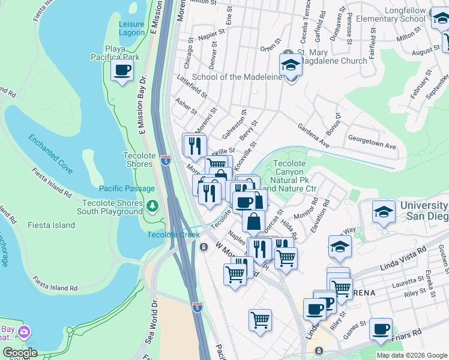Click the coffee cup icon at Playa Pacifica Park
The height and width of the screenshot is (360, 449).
tap(122, 70)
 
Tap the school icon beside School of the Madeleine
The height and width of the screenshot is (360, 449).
tap(291, 65)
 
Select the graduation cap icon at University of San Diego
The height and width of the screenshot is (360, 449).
tap(384, 212)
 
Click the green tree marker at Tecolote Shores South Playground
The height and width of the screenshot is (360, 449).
tap(152, 206)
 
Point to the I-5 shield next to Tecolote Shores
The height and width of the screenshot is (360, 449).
tap(165, 160)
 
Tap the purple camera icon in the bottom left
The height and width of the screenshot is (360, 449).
tap(24, 332)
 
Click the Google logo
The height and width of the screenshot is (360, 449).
tap(20, 353)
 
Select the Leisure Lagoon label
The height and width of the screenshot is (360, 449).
tap(131, 28)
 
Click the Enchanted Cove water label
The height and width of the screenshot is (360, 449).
tap(51, 154)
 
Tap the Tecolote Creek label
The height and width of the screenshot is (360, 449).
tap(173, 234)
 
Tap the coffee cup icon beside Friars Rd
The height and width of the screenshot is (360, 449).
tap(381, 329)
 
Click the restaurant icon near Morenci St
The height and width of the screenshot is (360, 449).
tap(194, 145)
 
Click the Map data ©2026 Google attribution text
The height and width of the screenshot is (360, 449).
tap(411, 355)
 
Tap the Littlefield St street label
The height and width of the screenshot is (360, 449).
tap(192, 87)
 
